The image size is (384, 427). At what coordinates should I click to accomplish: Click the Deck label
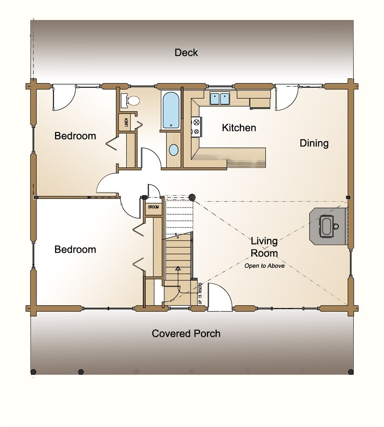pos(186,53)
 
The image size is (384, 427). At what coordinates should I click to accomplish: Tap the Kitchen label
pos(239,127)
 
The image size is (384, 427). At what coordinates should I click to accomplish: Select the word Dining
pos(314,143)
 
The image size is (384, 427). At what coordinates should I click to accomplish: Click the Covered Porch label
pos(186,333)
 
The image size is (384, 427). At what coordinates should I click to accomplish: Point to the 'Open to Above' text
pos(264,266)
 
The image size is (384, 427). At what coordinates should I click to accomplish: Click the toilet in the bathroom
pos(131,100)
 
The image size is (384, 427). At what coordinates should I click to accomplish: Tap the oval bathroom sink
pos(174,150)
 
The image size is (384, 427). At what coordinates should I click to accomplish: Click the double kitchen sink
pos(220,99)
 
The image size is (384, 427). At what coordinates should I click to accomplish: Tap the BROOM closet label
pos(153,207)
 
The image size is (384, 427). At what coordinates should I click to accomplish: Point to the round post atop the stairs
pos(192,197)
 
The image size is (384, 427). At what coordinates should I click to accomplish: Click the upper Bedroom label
pos(75,136)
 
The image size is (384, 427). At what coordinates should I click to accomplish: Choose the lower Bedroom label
pos(75,249)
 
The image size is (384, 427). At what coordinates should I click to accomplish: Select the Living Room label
pos(264,247)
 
